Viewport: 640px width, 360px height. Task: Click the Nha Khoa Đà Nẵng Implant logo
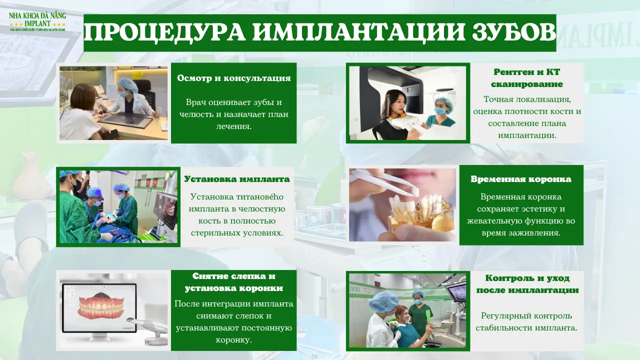(37, 21)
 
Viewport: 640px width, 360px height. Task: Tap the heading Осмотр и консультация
(233, 78)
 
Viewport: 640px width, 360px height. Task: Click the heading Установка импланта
(236, 179)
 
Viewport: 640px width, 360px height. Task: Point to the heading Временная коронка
(521, 179)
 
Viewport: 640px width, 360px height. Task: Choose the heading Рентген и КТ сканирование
(527, 78)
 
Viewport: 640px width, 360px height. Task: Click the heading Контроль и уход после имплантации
(527, 284)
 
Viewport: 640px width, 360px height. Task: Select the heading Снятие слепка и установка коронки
(233, 282)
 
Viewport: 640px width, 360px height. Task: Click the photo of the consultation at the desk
(113, 103)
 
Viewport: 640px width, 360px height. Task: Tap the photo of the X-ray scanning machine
(407, 103)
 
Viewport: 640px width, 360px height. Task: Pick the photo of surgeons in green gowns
(118, 206)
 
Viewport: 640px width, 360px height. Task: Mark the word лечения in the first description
(233, 126)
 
